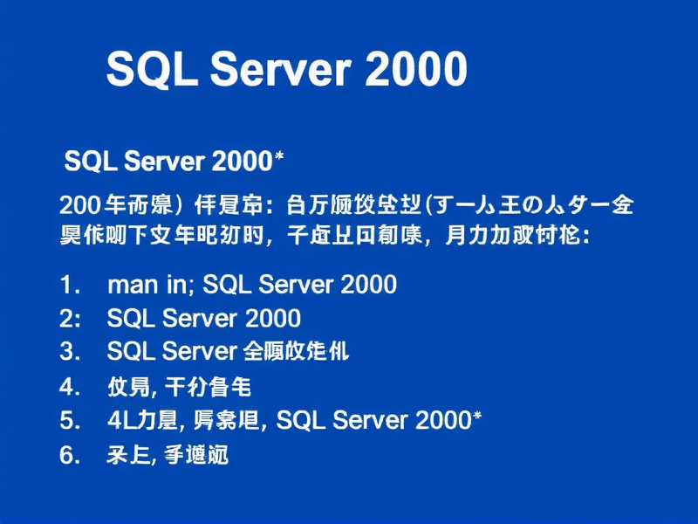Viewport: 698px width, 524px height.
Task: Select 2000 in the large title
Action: (x=415, y=70)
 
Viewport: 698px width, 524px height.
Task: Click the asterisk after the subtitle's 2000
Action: (x=281, y=158)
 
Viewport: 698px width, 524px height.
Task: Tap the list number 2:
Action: (x=70, y=318)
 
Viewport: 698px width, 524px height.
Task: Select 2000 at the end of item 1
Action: (x=367, y=284)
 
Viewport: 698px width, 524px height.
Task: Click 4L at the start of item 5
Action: (x=120, y=420)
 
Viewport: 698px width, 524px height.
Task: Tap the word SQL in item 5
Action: (x=301, y=420)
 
